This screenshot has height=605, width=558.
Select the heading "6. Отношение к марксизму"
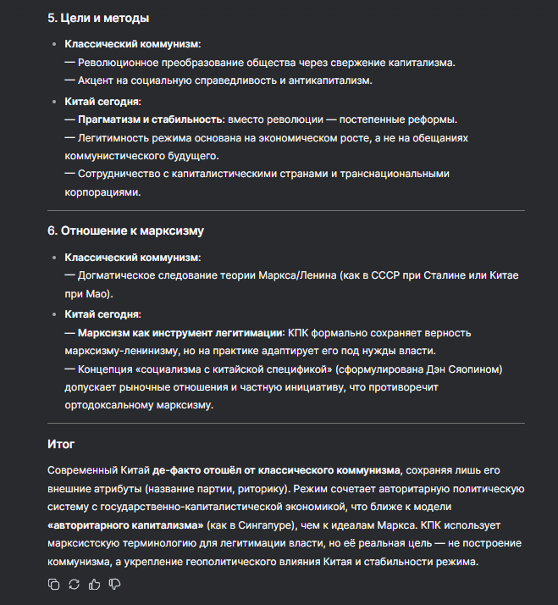[x=125, y=230]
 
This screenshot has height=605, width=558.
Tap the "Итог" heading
[x=62, y=443]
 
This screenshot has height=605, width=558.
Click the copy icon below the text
[x=54, y=584]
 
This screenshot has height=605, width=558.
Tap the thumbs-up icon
[x=94, y=584]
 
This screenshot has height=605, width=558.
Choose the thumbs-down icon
[x=114, y=584]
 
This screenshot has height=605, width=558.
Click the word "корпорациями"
[x=102, y=192]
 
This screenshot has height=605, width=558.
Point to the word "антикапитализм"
[x=327, y=81]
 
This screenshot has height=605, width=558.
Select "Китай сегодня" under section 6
[x=103, y=314]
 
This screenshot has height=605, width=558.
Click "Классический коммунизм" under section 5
[x=133, y=43]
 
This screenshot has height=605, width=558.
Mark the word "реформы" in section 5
[x=431, y=119]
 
